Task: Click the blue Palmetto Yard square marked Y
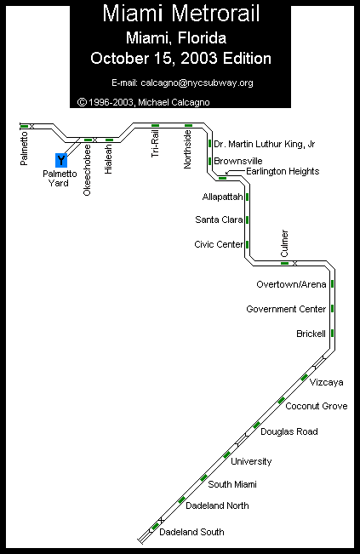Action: pyautogui.click(x=61, y=160)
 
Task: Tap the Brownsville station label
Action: pyautogui.click(x=238, y=161)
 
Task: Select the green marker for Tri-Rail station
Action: pyautogui.click(x=155, y=125)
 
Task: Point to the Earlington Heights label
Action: pyautogui.click(x=283, y=171)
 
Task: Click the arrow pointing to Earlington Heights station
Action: pyautogui.click(x=235, y=172)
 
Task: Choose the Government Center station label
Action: pyautogui.click(x=286, y=309)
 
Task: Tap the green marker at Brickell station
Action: pyautogui.click(x=333, y=334)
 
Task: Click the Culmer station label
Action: pyautogui.click(x=284, y=243)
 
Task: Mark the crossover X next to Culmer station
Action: pyautogui.click(x=294, y=263)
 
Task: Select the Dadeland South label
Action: pyautogui.click(x=191, y=532)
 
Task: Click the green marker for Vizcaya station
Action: pyautogui.click(x=304, y=377)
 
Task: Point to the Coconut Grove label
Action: pyautogui.click(x=317, y=406)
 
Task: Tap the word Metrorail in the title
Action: pyautogui.click(x=215, y=14)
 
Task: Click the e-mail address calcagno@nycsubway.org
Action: pyautogui.click(x=197, y=83)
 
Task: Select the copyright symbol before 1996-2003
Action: pyautogui.click(x=82, y=102)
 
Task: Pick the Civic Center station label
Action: pyautogui.click(x=219, y=244)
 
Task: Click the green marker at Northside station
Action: pyautogui.click(x=189, y=125)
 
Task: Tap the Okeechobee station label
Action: pyautogui.click(x=87, y=170)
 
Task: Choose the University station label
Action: pyautogui.click(x=251, y=462)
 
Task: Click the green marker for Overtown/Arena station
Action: pyautogui.click(x=333, y=283)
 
